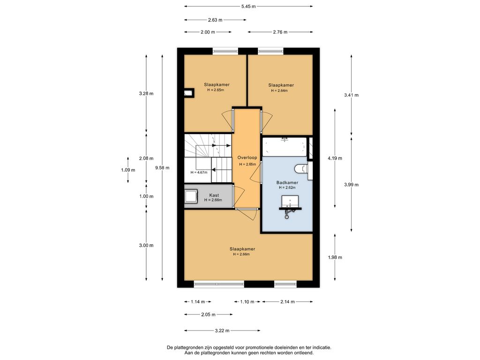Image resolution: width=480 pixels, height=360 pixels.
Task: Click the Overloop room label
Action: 247,157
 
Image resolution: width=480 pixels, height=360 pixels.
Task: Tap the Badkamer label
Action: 287,182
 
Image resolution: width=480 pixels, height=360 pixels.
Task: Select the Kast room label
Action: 214,195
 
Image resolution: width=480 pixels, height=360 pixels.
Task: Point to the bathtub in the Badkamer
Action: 285,147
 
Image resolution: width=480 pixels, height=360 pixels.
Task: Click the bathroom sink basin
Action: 290,202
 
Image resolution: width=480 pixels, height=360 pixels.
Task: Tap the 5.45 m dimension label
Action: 248,6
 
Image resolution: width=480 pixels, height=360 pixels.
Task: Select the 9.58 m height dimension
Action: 162,168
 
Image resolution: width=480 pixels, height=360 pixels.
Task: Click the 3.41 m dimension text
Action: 351,95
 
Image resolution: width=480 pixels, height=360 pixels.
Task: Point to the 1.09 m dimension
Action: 128,170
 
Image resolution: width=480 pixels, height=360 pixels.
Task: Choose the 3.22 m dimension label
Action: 222,330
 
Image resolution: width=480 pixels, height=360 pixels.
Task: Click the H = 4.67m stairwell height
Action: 199,172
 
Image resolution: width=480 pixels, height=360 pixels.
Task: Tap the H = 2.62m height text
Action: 287,187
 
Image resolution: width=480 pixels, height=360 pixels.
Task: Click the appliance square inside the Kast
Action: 191,196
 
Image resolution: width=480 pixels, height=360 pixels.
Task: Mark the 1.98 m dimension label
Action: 335,257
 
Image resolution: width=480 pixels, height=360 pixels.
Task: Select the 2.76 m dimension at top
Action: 280,32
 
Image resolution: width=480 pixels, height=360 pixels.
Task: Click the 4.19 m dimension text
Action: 335,158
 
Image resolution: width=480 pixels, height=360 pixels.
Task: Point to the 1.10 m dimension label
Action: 247,302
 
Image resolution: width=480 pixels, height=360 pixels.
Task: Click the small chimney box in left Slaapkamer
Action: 189,93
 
